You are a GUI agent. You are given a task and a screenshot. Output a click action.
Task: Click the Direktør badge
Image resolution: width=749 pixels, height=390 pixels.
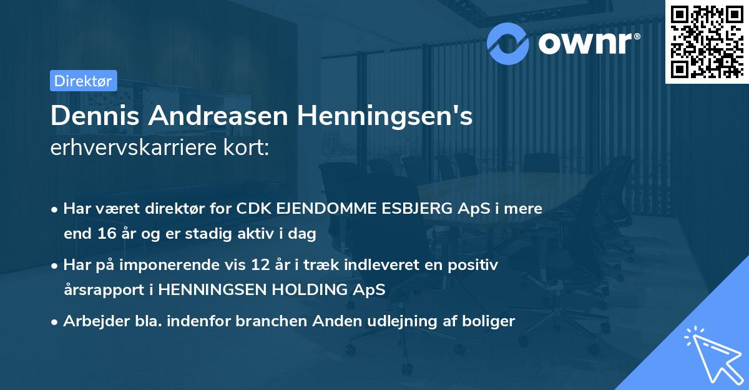click(83, 81)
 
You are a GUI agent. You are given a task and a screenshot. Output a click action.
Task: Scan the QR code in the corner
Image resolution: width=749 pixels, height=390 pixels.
click(706, 41)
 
